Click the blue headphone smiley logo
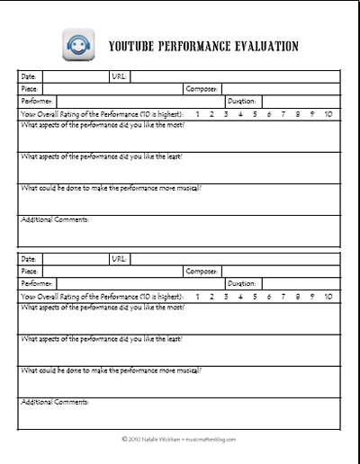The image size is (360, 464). (77, 44)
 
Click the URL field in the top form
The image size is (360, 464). (234, 77)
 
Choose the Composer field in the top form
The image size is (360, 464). (280, 90)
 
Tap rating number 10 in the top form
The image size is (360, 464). (328, 114)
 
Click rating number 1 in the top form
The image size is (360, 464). (197, 114)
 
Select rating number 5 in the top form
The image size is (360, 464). (255, 114)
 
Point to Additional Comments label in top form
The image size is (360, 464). (54, 219)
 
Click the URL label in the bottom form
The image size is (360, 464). (119, 259)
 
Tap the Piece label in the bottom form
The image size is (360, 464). (30, 272)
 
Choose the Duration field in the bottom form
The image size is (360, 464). (301, 284)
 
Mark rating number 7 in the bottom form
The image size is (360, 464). (283, 296)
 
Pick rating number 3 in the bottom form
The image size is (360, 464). (226, 296)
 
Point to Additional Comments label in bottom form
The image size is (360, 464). (54, 401)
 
